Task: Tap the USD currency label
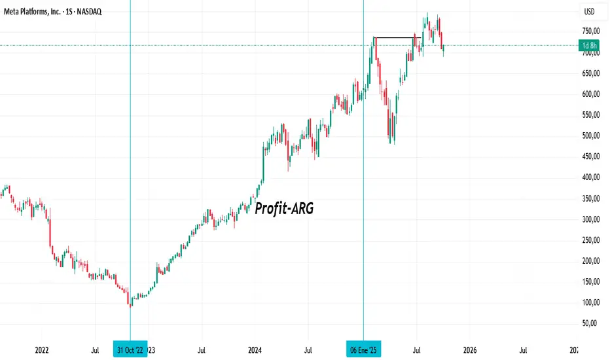tap(589, 12)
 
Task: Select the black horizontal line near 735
tap(395, 38)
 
